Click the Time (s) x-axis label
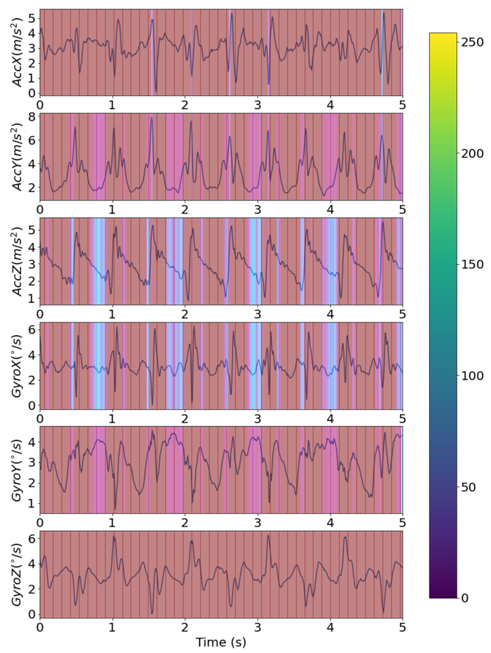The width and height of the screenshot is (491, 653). (221, 641)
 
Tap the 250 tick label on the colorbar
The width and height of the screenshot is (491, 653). (472, 42)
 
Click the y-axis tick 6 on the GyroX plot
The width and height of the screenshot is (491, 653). (32, 329)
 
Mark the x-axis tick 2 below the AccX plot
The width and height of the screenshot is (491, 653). (185, 105)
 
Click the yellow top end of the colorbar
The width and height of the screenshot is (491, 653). (443, 35)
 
